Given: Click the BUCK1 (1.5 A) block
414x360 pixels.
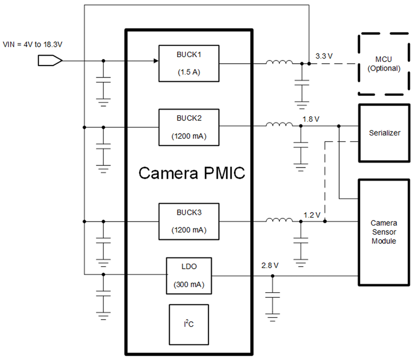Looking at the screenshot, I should coord(189,63).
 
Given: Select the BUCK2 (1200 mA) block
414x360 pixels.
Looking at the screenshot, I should coord(189,127).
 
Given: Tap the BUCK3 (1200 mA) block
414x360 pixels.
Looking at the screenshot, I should coord(189,221).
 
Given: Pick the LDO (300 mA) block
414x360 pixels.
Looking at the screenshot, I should coord(189,276).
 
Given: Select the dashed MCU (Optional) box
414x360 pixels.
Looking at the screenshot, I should coord(384,64).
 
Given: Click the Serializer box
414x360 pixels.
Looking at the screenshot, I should coord(384,133).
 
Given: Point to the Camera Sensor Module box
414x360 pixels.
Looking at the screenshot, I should coord(384,232).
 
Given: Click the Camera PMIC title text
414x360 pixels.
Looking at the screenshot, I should coord(192,173).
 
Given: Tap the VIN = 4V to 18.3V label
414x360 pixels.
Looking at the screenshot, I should coord(32,44).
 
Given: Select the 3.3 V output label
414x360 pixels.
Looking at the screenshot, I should coord(324,56).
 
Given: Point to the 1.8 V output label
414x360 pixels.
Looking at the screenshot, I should coord(311,119).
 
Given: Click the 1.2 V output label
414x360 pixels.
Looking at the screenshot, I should coord(312,215).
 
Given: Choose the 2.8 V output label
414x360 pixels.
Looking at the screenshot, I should coord(270,265).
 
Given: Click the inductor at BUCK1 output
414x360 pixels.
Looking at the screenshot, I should coord(279,63).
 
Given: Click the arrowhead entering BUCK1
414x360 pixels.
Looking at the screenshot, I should coord(155,61).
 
